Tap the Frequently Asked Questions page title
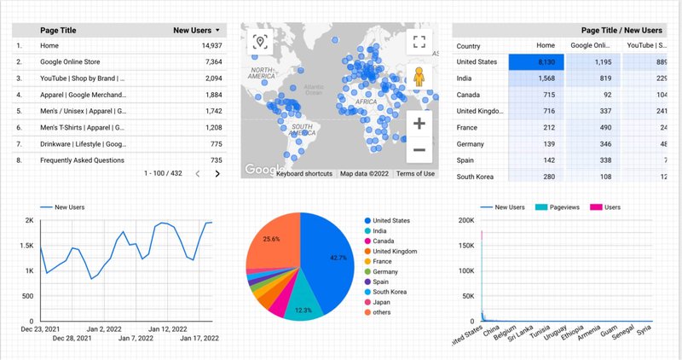pyautogui.click(x=83, y=160)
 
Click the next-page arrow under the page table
pyautogui.click(x=217, y=174)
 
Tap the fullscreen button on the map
pyautogui.click(x=419, y=41)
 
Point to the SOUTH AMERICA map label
pyautogui.click(x=302, y=130)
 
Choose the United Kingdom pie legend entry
pyautogui.click(x=394, y=252)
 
